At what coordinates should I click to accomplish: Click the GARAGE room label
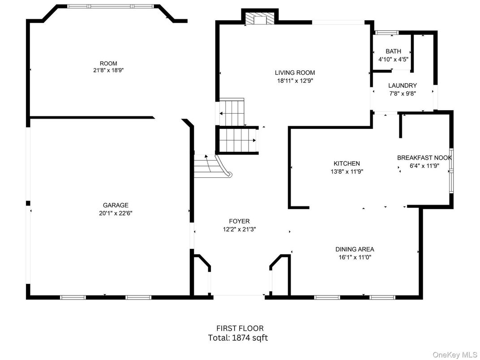(116, 205)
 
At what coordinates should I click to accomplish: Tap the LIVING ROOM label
(295, 73)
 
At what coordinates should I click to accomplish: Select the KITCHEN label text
(347, 163)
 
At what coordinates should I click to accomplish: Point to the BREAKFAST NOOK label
(424, 158)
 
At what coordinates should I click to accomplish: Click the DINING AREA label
(355, 249)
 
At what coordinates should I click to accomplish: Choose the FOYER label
(240, 221)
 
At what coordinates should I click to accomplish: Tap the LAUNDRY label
(403, 86)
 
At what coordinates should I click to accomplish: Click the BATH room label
(394, 51)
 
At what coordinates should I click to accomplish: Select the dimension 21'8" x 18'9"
(108, 70)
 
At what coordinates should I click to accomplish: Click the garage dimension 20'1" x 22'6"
(116, 213)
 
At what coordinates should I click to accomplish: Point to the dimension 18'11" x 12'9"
(295, 81)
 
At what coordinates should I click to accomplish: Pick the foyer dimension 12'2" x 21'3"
(240, 229)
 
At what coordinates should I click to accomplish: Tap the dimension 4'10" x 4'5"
(394, 60)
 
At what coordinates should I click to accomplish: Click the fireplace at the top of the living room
(260, 18)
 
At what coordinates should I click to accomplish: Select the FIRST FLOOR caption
(240, 329)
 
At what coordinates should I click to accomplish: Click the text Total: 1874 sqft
(238, 338)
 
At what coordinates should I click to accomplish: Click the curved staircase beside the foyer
(212, 166)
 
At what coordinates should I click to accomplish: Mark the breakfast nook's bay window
(451, 171)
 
